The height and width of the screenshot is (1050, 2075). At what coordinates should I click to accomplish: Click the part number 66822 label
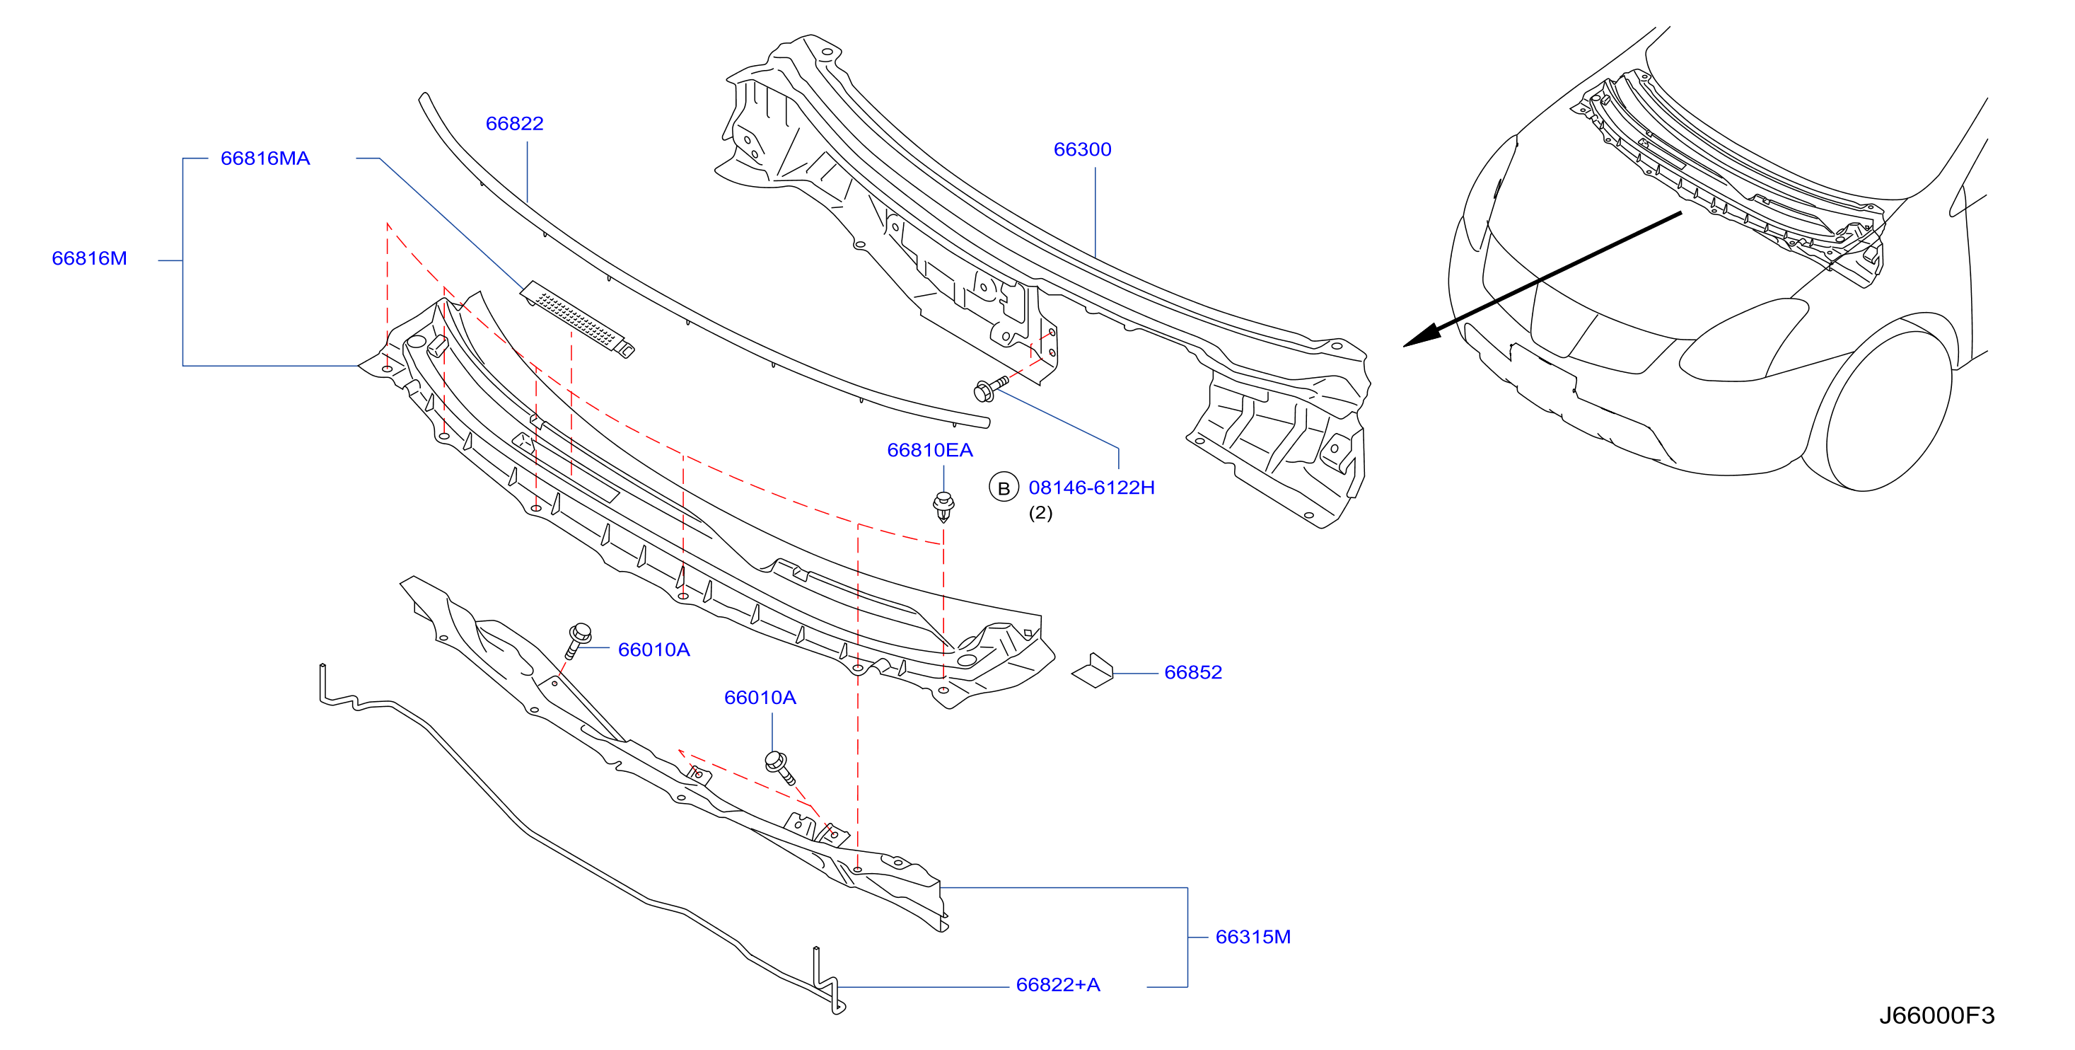[514, 123]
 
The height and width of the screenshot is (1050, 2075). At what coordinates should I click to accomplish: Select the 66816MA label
[265, 158]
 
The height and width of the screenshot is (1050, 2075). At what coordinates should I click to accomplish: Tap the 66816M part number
[89, 259]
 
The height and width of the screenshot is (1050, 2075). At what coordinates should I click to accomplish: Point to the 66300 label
[1082, 149]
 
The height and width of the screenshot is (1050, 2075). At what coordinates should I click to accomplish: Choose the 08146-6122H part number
[1091, 487]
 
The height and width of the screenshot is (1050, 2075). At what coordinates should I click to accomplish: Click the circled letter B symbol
[1004, 488]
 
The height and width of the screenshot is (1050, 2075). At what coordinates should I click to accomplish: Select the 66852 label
[1193, 672]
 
